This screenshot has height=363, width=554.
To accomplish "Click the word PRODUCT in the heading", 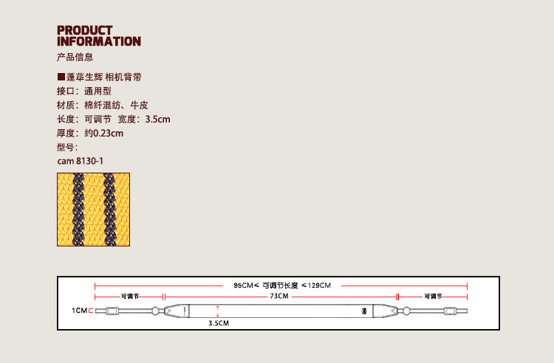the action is pos(85,30).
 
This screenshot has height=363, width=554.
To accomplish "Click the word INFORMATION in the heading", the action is pos(98,41).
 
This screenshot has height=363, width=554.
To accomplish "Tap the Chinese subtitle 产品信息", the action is pos(75,57).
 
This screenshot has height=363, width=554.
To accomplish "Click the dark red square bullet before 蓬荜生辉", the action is pos(61,77).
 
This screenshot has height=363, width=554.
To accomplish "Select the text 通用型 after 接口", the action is pos(97,91).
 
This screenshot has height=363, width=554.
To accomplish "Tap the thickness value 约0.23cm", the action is pos(103,134).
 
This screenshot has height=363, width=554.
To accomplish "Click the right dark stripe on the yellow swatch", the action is pos(110,210).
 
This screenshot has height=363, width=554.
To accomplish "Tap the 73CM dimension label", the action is pos(278,296).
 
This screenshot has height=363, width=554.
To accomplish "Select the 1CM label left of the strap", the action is pos(80,311).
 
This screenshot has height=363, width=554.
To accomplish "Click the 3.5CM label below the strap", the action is pos(218,323).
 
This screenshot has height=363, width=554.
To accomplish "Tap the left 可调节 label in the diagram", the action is pos(129,296).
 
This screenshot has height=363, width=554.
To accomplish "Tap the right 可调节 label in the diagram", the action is pos(433,296).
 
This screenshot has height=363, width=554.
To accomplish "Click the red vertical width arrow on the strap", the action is pos(218,311).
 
